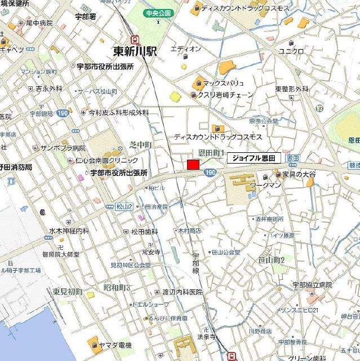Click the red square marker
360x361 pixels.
click(x=193, y=164)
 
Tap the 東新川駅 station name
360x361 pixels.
click(x=135, y=51)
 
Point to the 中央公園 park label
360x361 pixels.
click(x=159, y=13)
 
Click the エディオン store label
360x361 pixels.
click(x=185, y=49)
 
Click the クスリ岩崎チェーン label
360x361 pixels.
click(x=225, y=95)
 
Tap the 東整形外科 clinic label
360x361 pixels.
click(x=292, y=89)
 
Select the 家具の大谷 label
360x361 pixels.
click(x=299, y=174)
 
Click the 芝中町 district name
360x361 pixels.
click(x=141, y=145)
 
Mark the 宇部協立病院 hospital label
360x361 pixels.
click(x=312, y=285)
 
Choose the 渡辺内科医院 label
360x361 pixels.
click(x=182, y=292)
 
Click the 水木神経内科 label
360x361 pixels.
click(x=69, y=231)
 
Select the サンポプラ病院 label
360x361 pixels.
click(x=63, y=148)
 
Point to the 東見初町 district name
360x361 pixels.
click(x=68, y=292)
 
